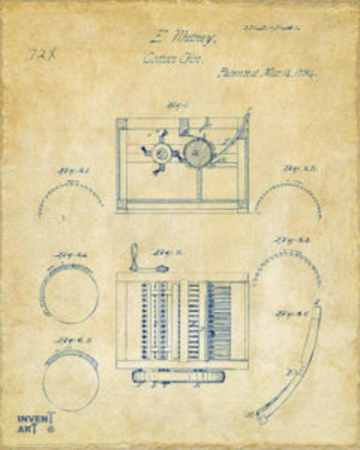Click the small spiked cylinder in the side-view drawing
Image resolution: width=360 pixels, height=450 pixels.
coord(161,151)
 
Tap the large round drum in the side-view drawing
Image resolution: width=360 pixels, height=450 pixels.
coord(198,153)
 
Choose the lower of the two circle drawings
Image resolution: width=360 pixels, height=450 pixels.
coord(69,381)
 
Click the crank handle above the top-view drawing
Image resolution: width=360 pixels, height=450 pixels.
coord(137,258)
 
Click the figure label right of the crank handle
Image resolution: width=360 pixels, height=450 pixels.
coord(169,253)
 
